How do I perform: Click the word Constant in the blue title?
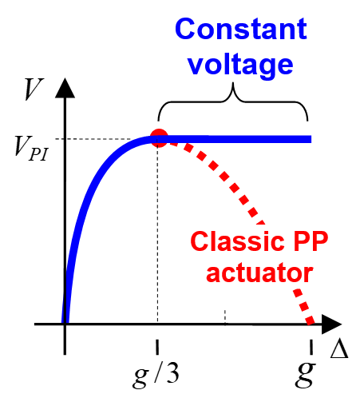241,29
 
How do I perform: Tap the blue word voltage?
240,65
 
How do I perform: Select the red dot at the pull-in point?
159,138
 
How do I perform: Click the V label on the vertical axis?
34,90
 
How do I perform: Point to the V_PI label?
31,148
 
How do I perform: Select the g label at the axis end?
305,375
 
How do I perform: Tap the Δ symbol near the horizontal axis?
339,349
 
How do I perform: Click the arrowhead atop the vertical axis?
65,88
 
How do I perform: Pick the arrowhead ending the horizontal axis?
331,324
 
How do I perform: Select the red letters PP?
311,241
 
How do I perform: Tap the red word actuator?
259,273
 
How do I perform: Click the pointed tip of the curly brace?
233,83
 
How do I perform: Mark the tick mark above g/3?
157,347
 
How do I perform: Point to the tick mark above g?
311,347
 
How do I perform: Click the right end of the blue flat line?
311,139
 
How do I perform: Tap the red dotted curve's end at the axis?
311,321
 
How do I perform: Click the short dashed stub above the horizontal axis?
225,316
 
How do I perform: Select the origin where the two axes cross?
65,324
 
